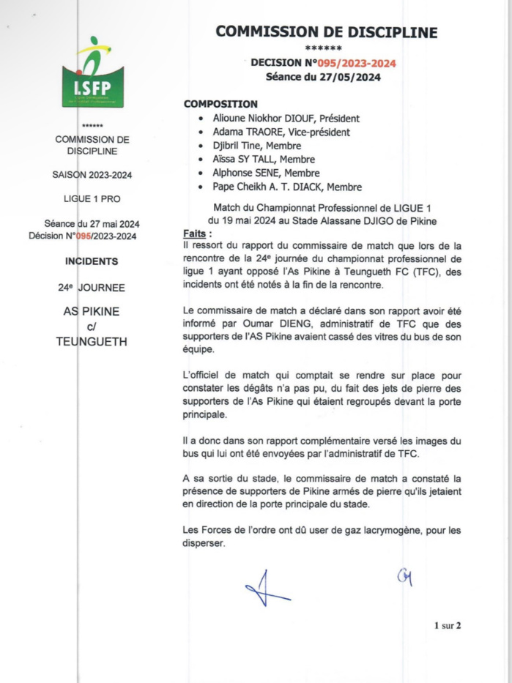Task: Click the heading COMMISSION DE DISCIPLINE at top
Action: [x=327, y=31]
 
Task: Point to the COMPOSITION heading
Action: [x=220, y=105]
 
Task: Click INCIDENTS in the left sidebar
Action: [x=91, y=261]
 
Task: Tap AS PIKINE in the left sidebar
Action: [x=92, y=312]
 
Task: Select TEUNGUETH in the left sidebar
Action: [x=92, y=342]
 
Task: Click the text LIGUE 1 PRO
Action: [x=92, y=198]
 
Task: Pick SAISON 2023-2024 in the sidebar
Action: [x=92, y=175]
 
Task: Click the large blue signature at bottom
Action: [x=264, y=589]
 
